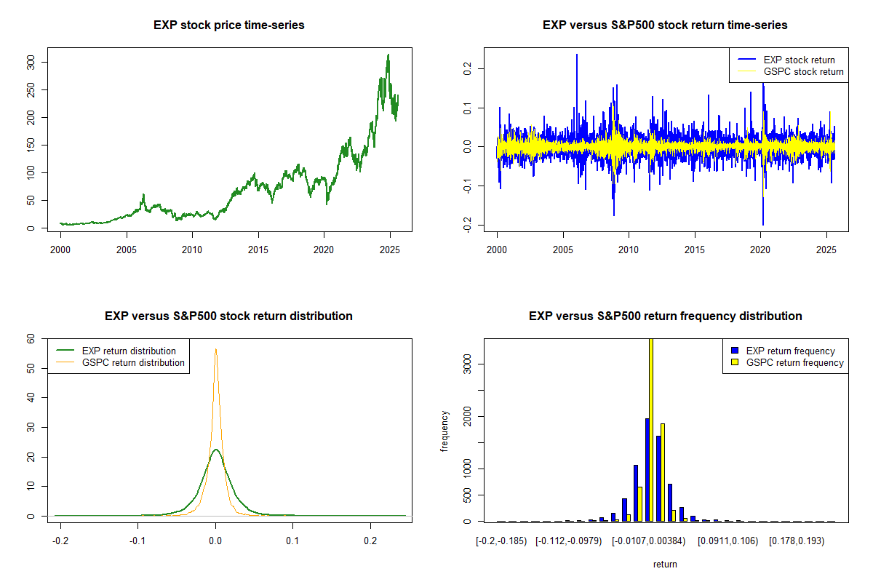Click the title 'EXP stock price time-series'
point(229,25)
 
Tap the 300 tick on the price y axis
point(41,62)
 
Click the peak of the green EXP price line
point(388,55)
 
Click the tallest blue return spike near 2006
point(577,55)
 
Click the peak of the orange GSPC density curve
point(215,349)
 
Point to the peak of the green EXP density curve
point(215,450)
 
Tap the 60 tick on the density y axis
point(41,338)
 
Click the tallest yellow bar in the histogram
point(651,429)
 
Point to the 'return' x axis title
point(665,564)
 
